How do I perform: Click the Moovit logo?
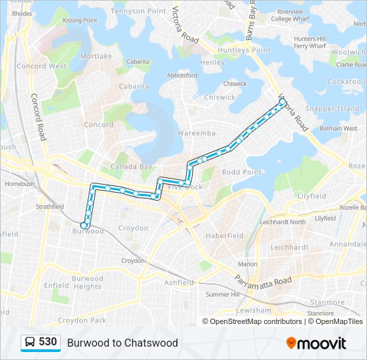tap(316, 343)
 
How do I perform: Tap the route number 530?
tap(48, 342)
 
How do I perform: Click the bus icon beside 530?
tap(30, 343)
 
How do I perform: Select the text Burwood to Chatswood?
tap(122, 343)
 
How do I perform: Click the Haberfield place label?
tap(225, 235)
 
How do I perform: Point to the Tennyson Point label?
tap(138, 11)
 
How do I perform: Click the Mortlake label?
tap(96, 57)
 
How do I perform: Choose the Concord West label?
tap(41, 67)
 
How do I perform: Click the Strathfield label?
tap(49, 207)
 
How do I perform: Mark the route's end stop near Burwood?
tap(84, 225)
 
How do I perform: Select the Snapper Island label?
tap(332, 109)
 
